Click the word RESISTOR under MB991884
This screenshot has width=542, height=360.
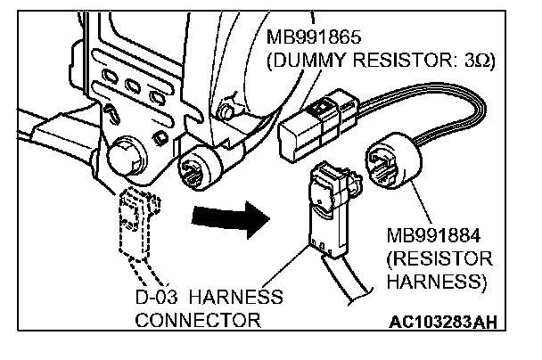pos(440,259)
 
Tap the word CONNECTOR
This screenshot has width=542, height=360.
pos(199,318)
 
